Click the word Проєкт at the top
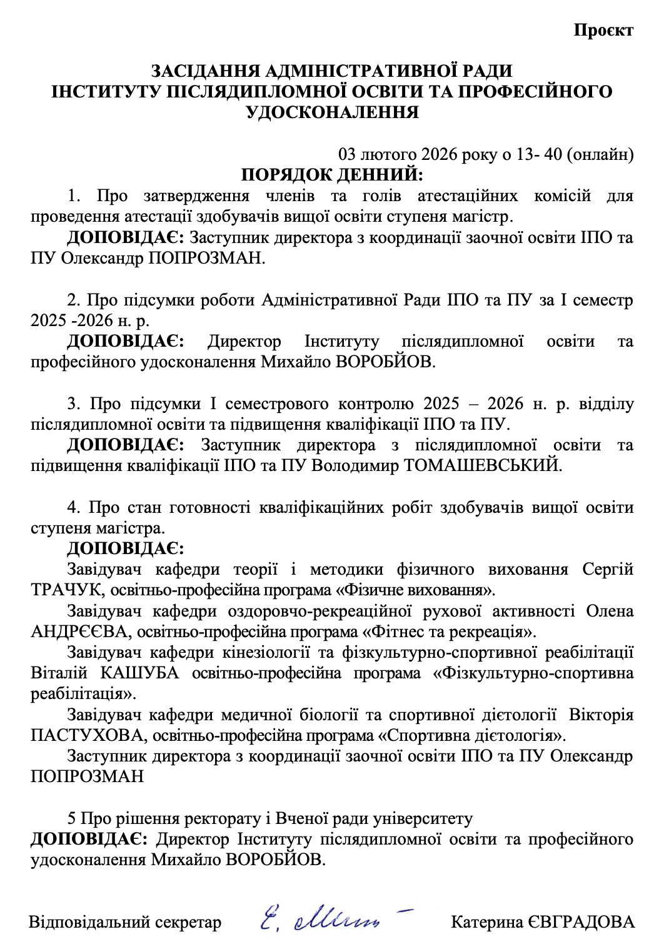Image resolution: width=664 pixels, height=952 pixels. coord(603,30)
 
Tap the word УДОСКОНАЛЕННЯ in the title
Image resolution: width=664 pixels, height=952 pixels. coord(332,112)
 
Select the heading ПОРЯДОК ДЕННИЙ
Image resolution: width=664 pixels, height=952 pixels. coord(332,175)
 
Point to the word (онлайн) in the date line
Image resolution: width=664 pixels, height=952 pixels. coord(600,154)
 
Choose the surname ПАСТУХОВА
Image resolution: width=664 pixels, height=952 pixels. coord(87,735)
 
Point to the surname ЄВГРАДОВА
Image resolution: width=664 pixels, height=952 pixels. coord(581,922)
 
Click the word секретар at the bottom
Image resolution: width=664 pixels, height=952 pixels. coord(188,922)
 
